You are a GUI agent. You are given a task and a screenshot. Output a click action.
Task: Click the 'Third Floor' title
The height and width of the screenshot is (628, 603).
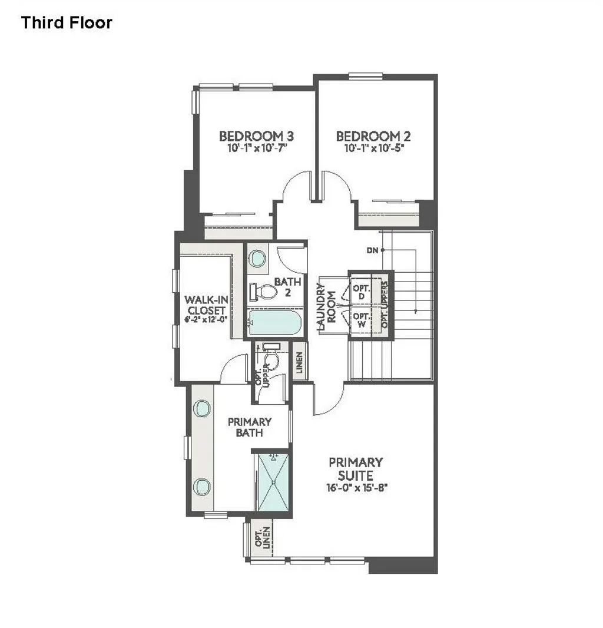pos(67,23)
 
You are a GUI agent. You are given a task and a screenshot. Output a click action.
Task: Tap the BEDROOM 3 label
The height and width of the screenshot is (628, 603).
pos(256,136)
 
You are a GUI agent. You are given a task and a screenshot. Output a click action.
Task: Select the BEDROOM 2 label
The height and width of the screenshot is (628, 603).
pos(373,136)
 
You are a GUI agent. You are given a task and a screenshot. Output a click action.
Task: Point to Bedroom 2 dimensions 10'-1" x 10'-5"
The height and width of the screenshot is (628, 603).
pos(373,149)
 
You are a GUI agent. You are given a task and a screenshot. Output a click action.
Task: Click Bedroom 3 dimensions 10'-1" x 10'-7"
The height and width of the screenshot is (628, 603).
pos(256,149)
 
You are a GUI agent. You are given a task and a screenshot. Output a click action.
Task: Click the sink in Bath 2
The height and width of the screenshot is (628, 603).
pos(257,258)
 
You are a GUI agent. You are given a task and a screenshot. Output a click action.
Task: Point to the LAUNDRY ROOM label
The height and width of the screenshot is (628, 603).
pos(326,303)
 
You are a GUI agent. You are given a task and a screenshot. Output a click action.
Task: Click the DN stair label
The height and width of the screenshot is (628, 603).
pos(372,250)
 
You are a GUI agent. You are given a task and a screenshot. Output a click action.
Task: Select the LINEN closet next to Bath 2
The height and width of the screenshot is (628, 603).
pos(300,361)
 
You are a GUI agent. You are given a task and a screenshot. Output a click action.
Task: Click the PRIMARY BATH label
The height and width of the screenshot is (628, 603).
pos(250,427)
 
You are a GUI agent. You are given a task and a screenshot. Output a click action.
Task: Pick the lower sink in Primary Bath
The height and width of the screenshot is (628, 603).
pos(202,486)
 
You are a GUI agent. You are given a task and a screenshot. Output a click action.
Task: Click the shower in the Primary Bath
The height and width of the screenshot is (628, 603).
pos(273,481)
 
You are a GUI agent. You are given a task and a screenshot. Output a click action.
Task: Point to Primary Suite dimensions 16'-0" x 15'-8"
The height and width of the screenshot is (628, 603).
pos(356,487)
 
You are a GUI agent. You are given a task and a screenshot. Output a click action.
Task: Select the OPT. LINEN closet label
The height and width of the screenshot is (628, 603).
pos(257,537)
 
